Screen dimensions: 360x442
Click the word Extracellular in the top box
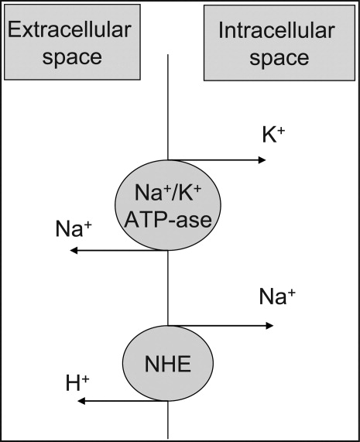click(x=70, y=29)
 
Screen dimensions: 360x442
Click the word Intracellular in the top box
click(x=276, y=30)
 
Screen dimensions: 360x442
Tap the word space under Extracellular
click(x=72, y=58)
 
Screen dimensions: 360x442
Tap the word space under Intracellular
click(x=279, y=59)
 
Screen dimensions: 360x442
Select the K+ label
click(x=273, y=135)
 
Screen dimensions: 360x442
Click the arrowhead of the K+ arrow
click(x=262, y=160)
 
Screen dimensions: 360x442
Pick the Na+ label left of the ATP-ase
click(x=74, y=228)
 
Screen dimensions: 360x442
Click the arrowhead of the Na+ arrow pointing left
click(x=74, y=250)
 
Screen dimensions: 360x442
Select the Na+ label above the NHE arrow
click(x=277, y=296)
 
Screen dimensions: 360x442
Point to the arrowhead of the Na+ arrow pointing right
click(x=269, y=326)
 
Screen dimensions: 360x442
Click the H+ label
click(x=77, y=383)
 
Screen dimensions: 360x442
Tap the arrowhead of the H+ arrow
click(x=81, y=401)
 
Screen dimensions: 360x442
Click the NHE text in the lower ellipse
click(x=168, y=364)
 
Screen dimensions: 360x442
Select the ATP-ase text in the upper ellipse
click(x=168, y=220)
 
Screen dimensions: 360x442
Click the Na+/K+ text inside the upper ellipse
click(x=168, y=193)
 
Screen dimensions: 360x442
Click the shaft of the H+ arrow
click(x=122, y=401)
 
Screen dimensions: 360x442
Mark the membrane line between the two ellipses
click(x=168, y=288)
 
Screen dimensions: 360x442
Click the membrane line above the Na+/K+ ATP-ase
click(x=168, y=107)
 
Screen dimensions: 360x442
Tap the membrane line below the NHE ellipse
click(x=168, y=420)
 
